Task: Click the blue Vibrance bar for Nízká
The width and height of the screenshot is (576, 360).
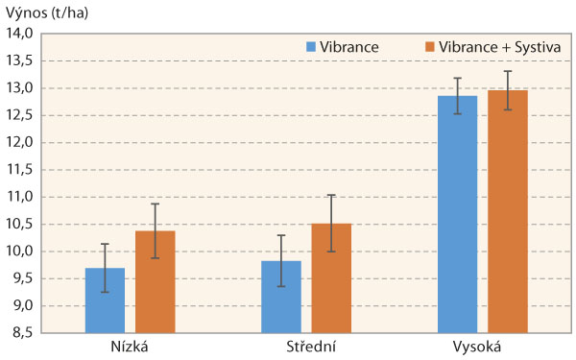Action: (106, 300)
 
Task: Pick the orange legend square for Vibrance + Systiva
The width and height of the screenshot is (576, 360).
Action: (428, 45)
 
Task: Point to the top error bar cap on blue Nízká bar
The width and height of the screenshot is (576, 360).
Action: (106, 244)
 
